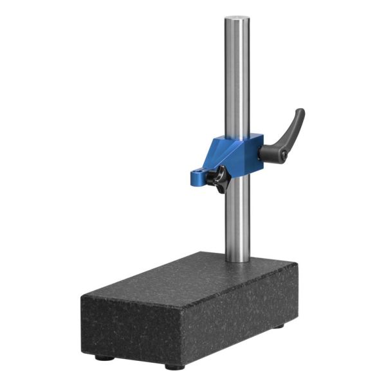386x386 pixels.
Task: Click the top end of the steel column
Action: click(x=237, y=19)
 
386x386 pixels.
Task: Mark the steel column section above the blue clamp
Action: click(x=237, y=77)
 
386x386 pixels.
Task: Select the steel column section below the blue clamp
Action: click(x=236, y=219)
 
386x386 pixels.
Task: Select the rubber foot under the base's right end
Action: click(x=277, y=326)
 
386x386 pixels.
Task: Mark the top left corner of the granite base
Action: click(x=82, y=294)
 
